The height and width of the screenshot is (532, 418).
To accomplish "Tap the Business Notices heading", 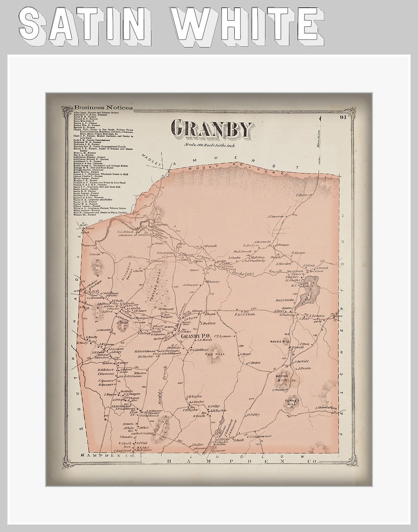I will point(103,108).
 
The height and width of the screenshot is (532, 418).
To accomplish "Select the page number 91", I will point(343,118).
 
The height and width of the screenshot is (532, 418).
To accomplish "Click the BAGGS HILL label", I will point(282,378).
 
